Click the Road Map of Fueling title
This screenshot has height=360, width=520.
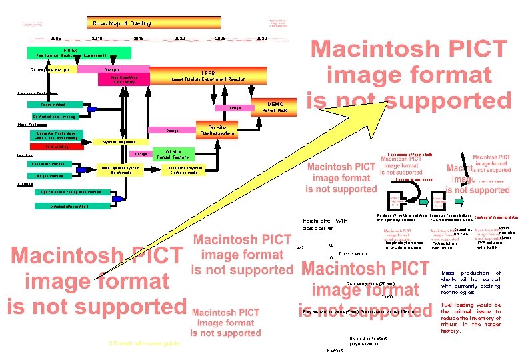[x=122, y=23]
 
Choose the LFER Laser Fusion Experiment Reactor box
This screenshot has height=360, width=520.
[x=208, y=76]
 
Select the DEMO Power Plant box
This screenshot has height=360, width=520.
[x=275, y=107]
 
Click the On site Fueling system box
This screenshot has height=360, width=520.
[x=217, y=130]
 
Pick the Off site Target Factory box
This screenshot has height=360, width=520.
[x=173, y=153]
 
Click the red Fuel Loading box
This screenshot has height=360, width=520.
[x=56, y=147]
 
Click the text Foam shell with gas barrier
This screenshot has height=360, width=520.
[x=325, y=224]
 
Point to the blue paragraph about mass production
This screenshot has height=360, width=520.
[x=470, y=283]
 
